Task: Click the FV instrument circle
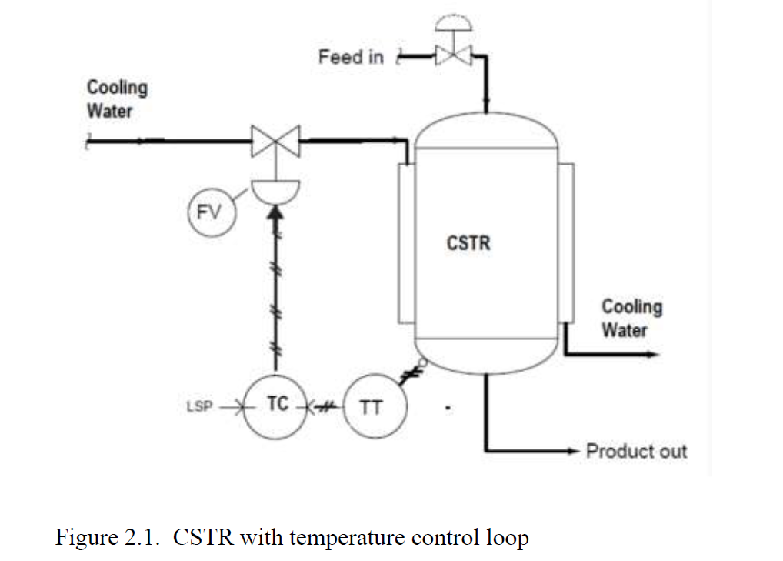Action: [x=208, y=210]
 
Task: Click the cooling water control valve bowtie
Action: [x=275, y=141]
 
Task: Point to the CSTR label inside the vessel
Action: [x=468, y=243]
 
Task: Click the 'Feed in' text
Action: [x=350, y=56]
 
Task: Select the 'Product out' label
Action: [x=636, y=451]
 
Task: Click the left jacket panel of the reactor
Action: [x=405, y=243]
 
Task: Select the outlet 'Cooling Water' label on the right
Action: [x=631, y=318]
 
